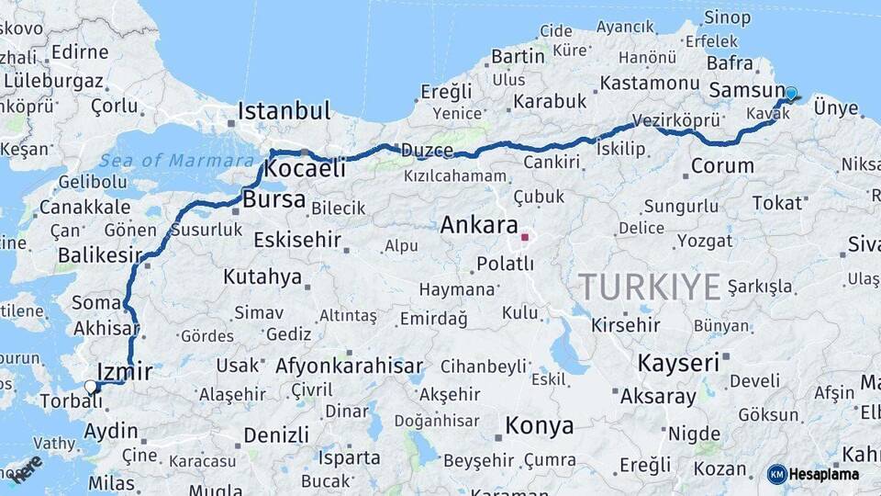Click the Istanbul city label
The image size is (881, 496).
pos(284,112)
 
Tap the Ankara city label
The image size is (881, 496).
pos(479,225)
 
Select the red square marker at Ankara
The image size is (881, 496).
pos(524,237)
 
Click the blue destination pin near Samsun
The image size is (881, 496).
pos(791,94)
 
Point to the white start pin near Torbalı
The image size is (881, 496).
pos(91,387)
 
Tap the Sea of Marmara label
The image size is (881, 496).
pos(163,160)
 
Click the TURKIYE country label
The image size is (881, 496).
pos(650,287)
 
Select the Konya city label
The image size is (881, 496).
pos(540,426)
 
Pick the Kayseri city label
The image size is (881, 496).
pos(678,362)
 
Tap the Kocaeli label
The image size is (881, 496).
pos(305,168)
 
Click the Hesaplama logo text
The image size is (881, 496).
pos(824,474)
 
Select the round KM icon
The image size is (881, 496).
pos(776,474)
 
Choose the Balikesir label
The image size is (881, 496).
pos(100,254)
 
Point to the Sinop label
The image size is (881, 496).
pos(727,17)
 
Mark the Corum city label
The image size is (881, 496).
pos(722,166)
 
